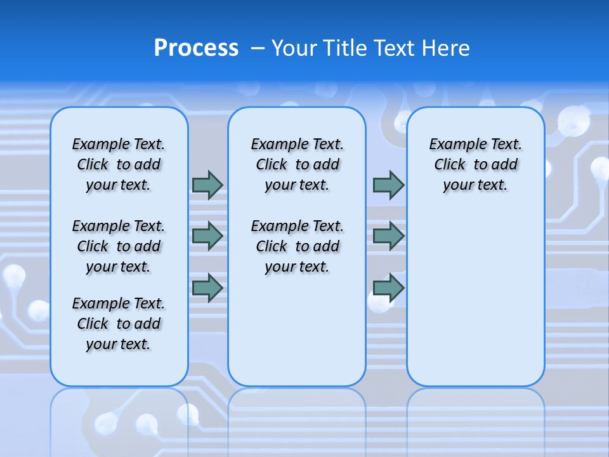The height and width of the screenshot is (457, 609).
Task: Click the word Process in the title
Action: click(x=196, y=48)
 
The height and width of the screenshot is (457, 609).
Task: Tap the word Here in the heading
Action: click(x=447, y=48)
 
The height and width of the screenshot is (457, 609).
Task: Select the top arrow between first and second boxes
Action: click(x=207, y=185)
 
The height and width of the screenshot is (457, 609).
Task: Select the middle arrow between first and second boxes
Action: click(x=207, y=235)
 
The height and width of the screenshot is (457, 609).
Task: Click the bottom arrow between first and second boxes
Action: click(x=207, y=288)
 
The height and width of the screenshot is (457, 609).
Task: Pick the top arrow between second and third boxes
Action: click(x=388, y=185)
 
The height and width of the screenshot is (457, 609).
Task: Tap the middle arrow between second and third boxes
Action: click(x=388, y=235)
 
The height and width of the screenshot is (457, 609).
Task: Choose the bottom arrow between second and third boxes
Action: click(x=388, y=288)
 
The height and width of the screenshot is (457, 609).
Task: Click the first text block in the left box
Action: click(x=119, y=164)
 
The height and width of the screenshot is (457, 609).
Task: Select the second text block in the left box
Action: click(x=119, y=246)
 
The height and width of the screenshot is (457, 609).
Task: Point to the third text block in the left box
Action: click(x=119, y=324)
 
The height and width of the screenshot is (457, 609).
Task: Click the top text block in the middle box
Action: click(x=297, y=164)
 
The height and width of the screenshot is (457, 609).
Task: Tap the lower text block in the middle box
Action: click(x=297, y=246)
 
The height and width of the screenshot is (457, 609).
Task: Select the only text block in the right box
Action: click(x=475, y=164)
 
